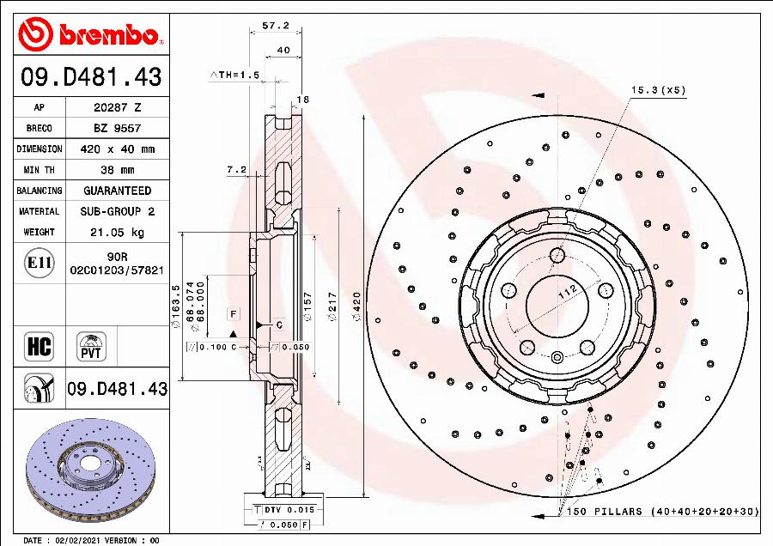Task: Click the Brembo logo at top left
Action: coord(90,33)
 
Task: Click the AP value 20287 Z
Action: coord(117,107)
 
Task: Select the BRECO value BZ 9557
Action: coord(117,128)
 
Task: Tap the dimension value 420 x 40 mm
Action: coord(117,149)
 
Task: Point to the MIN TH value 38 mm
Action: coord(117,169)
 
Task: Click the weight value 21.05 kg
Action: coord(117,232)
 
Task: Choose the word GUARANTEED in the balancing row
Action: coord(117,191)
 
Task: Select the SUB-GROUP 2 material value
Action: coord(117,211)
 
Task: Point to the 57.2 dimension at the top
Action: coord(275,26)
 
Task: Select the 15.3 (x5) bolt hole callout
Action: coord(659,90)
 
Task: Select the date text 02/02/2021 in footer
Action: coord(81,541)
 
